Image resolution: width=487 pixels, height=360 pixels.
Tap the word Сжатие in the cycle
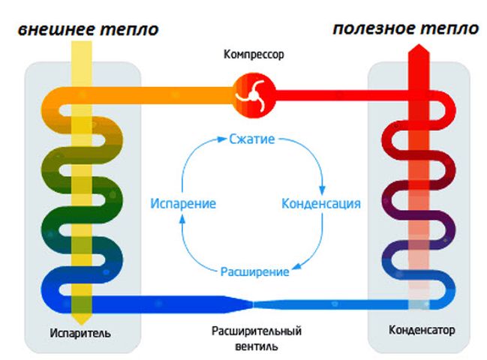251,139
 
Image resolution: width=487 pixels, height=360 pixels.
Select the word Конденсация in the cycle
320,203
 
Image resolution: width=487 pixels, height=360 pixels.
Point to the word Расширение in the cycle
254,271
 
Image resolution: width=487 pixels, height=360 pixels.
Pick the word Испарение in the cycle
183,203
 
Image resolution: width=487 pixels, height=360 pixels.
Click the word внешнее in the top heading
56,30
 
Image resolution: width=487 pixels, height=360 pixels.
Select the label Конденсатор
422,330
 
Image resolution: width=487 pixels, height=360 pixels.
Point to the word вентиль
255,346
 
